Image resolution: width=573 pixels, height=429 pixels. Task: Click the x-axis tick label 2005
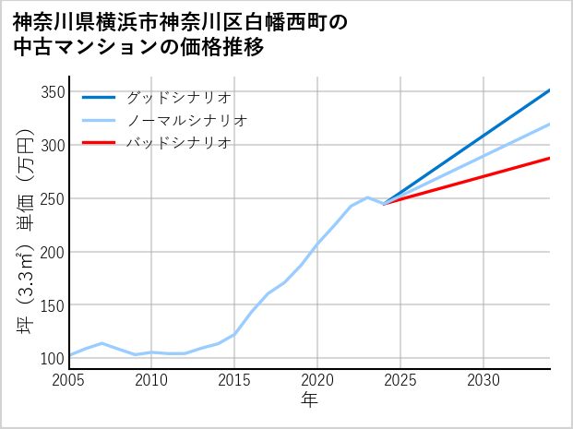coord(68,380)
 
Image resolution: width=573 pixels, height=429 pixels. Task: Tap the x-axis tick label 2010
coord(151,380)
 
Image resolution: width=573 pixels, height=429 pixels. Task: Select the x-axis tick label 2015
coord(234,380)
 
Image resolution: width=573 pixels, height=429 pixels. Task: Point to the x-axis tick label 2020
coord(317,380)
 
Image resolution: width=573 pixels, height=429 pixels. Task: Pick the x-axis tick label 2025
coord(400,380)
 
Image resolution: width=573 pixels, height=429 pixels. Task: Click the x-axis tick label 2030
coord(483,380)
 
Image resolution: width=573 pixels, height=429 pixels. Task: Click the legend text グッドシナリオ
coord(178,97)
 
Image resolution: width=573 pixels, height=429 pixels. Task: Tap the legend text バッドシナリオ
coord(178,143)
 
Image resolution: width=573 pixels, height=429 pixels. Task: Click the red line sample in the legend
coord(99,143)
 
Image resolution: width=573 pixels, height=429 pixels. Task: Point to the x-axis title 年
coord(309,400)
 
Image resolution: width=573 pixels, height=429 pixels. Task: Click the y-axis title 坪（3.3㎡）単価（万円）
coord(25,231)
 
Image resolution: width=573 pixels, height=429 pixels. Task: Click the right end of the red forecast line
coord(550,158)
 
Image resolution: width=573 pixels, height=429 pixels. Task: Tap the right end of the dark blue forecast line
coord(550,90)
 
